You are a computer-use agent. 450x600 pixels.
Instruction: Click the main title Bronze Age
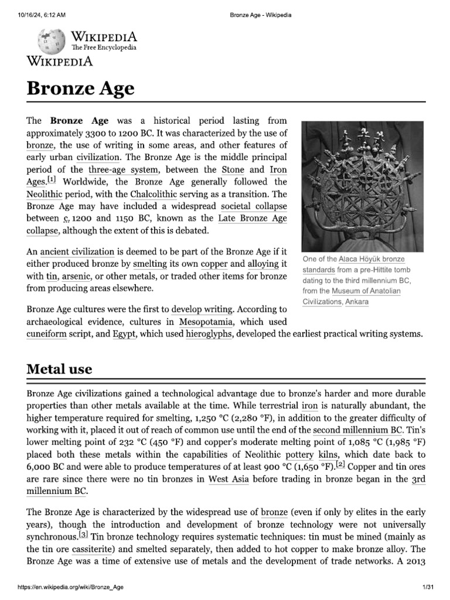[81, 89]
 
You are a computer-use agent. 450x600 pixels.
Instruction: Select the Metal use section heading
[59, 369]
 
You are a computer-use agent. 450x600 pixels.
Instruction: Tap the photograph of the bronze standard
[361, 186]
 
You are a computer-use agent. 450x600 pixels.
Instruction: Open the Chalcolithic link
[159, 193]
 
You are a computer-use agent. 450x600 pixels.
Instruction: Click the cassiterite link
[93, 550]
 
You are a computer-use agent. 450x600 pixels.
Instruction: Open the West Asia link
[227, 479]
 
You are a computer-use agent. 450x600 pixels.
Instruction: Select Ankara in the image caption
[357, 302]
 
